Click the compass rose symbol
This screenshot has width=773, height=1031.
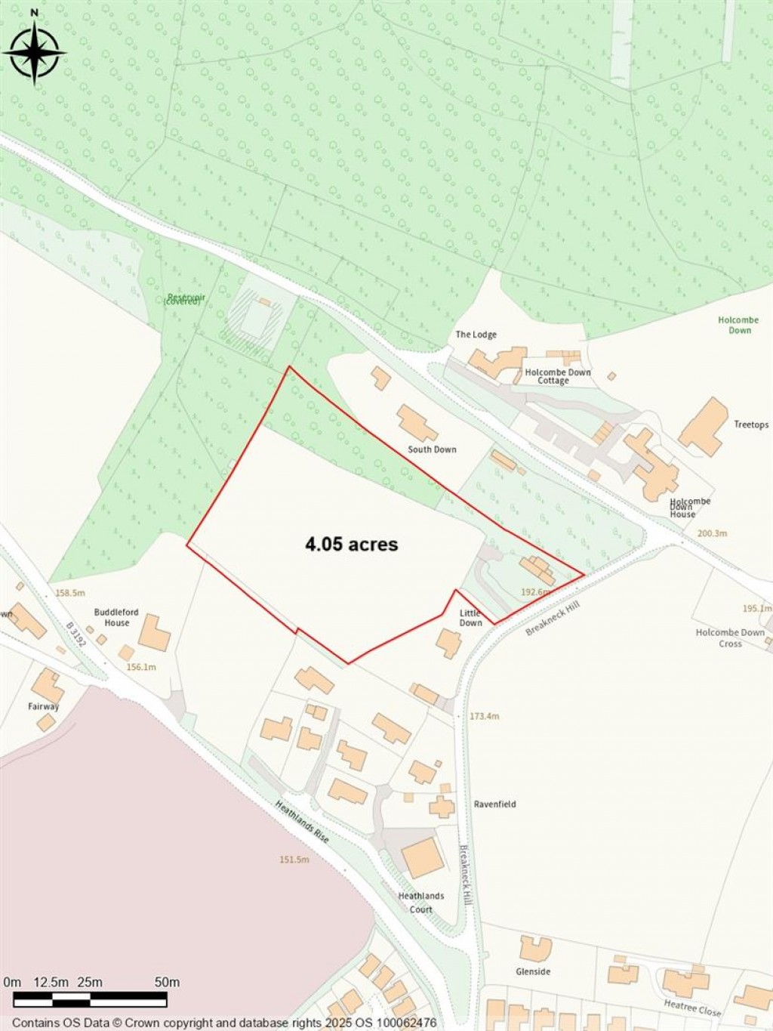click(x=34, y=52)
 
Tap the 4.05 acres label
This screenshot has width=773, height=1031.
click(x=351, y=544)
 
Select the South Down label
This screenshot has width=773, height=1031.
click(x=432, y=449)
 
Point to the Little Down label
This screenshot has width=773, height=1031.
click(x=470, y=618)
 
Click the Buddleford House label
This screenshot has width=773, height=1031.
click(x=116, y=618)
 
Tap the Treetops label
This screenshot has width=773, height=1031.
click(x=751, y=424)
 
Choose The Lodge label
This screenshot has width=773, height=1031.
click(x=476, y=335)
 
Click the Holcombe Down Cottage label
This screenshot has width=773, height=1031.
click(x=558, y=376)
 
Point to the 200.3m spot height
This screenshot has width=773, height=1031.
click(x=712, y=533)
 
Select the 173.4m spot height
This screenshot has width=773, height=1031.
click(x=484, y=716)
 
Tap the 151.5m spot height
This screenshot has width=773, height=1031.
click(x=294, y=860)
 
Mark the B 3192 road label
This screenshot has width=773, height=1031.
click(x=76, y=635)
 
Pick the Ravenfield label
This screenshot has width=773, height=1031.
click(x=494, y=804)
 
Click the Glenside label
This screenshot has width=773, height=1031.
click(x=533, y=971)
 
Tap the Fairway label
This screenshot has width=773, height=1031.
click(x=44, y=707)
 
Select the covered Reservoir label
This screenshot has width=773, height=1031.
click(x=183, y=300)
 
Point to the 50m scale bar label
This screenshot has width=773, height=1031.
click(x=167, y=983)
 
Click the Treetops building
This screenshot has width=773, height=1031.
click(x=704, y=428)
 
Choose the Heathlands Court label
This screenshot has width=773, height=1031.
click(x=421, y=903)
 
